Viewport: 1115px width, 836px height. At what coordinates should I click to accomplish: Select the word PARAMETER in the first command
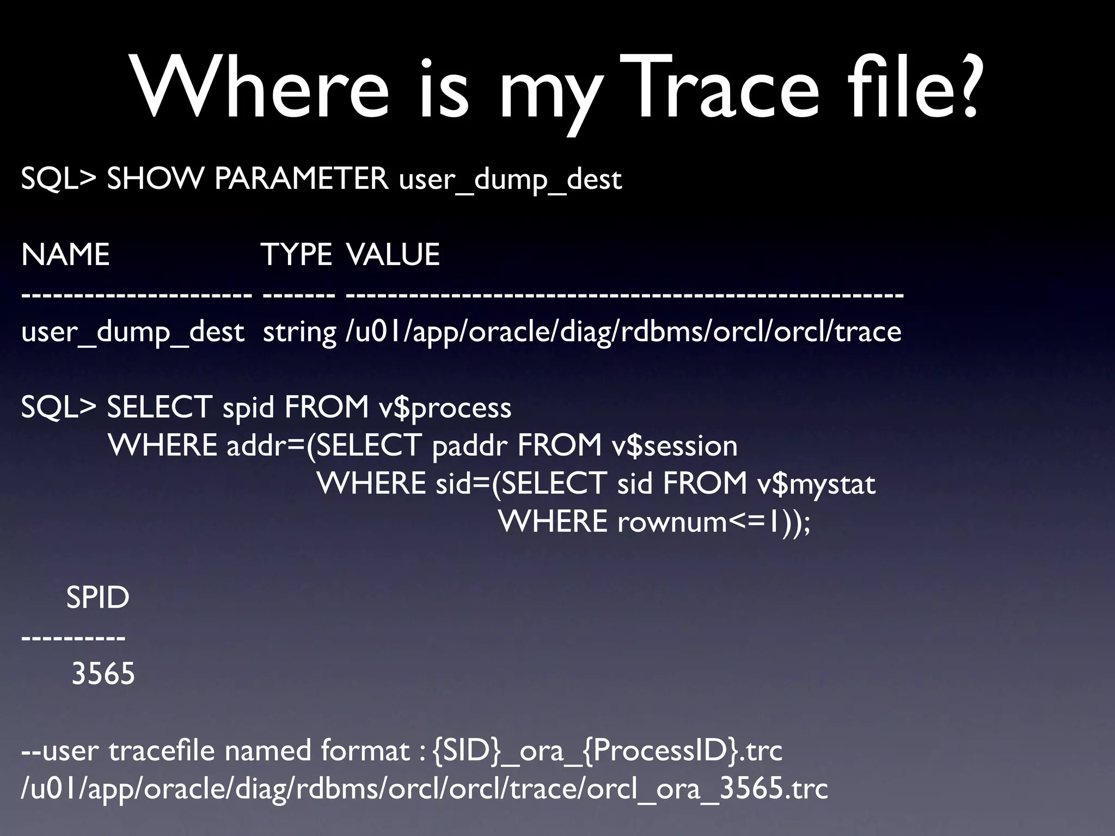(301, 179)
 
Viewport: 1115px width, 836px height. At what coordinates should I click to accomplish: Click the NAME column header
(65, 255)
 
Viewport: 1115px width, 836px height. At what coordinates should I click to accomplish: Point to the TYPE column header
(296, 255)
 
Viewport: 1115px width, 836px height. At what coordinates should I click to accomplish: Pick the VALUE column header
(393, 255)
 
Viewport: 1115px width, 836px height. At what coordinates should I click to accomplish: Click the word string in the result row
(299, 332)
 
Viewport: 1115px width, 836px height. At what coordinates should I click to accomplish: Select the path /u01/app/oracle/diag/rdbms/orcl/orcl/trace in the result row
(623, 332)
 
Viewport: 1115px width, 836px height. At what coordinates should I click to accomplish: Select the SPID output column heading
(97, 598)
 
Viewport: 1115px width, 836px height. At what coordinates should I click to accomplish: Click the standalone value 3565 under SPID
(103, 674)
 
